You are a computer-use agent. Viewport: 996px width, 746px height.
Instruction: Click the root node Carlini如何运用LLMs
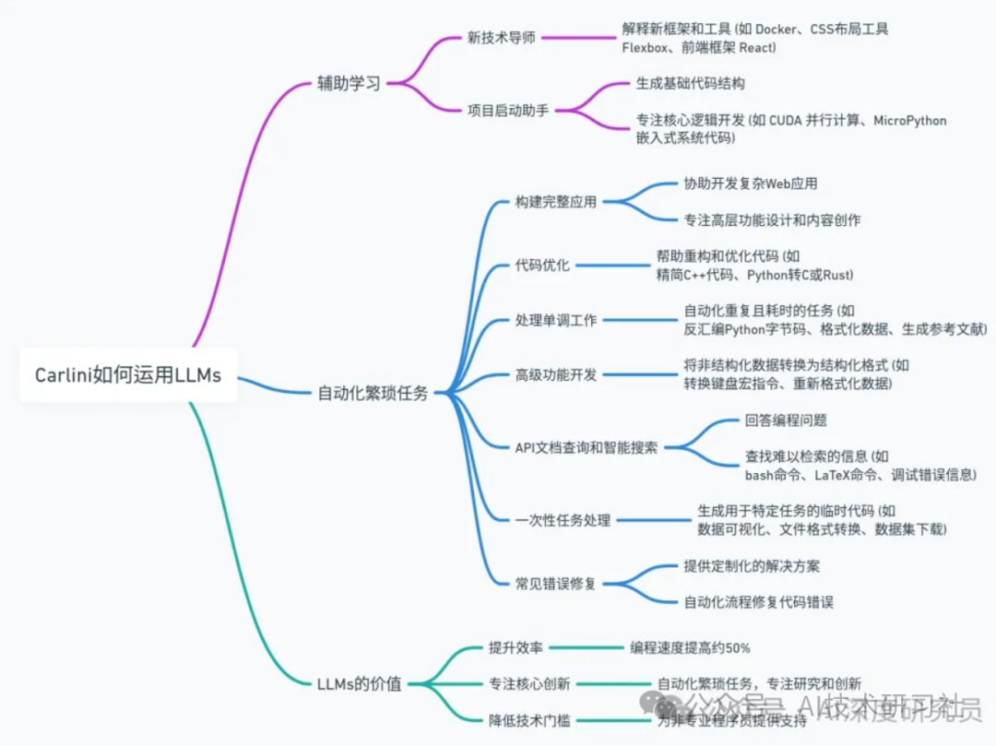click(x=127, y=375)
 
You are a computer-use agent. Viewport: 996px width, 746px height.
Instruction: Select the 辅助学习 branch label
click(x=349, y=84)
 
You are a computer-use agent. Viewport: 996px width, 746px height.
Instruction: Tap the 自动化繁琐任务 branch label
click(x=373, y=393)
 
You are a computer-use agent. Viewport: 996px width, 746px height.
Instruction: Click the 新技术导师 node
click(x=502, y=38)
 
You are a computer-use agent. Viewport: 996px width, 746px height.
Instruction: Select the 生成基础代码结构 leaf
click(x=690, y=83)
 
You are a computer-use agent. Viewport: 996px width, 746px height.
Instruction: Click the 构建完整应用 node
click(x=556, y=202)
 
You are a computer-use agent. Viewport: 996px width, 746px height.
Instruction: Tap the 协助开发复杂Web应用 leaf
click(x=750, y=184)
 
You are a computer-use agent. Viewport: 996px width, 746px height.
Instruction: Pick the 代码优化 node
click(x=542, y=266)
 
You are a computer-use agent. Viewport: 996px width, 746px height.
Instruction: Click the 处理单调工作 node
click(x=556, y=320)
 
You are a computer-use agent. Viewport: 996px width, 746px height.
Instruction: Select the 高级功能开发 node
click(x=556, y=374)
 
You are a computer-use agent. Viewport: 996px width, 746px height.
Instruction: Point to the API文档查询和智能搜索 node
click(x=587, y=447)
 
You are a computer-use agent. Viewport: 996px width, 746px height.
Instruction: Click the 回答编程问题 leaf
click(x=786, y=420)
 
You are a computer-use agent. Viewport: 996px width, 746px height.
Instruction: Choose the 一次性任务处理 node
click(x=563, y=520)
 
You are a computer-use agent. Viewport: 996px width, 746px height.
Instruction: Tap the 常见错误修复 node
click(x=556, y=583)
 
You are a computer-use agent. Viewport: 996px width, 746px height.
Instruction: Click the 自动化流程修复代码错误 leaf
click(x=758, y=602)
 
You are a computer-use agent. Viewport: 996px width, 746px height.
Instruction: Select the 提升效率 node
click(x=516, y=647)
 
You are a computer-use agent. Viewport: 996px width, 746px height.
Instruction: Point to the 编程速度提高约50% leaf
click(x=690, y=647)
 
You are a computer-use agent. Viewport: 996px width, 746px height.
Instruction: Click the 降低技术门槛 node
click(x=529, y=719)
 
